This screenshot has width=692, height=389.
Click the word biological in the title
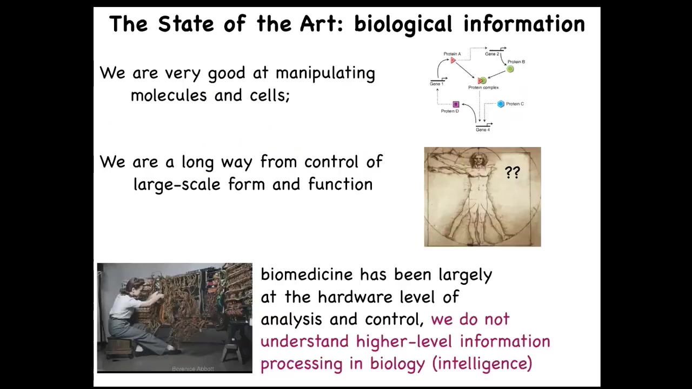click(x=403, y=25)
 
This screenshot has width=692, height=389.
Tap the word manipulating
click(x=325, y=74)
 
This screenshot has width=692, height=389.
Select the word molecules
click(x=169, y=95)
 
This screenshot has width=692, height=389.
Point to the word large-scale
click(x=177, y=185)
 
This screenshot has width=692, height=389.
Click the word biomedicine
click(x=307, y=274)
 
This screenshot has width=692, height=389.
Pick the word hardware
click(x=355, y=297)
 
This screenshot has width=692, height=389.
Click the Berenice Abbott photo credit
click(x=193, y=368)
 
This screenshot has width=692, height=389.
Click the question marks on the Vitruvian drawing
click(x=513, y=172)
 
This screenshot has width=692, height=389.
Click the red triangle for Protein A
click(x=453, y=61)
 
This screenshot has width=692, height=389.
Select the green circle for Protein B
click(x=510, y=69)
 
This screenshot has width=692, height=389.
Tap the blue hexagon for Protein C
click(x=501, y=104)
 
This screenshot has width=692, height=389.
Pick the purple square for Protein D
click(x=456, y=104)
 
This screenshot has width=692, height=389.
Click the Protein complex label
click(x=483, y=88)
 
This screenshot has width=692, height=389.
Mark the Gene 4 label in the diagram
click(x=483, y=130)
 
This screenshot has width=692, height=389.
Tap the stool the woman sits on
click(x=120, y=347)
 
